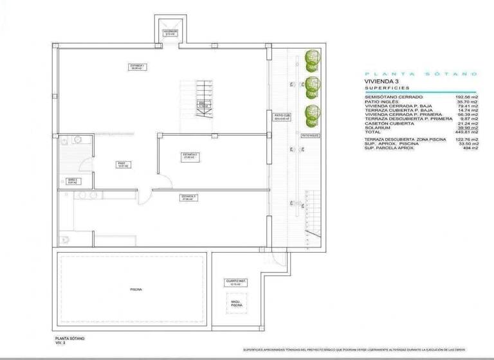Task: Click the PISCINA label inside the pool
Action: [135, 289]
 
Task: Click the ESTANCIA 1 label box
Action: [136, 66]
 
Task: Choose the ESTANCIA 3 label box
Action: [188, 197]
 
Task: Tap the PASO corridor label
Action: [120, 165]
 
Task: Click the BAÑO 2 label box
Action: [72, 181]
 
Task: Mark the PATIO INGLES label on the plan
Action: [311, 136]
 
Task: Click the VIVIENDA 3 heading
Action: [381, 82]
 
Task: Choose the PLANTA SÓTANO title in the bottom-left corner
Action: [69, 338]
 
